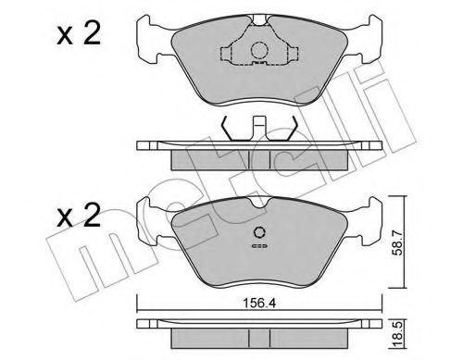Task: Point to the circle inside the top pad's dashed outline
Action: pos(259,53)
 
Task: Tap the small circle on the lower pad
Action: pos(259,234)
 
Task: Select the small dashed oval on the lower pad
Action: pos(259,248)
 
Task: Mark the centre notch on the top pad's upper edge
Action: pos(259,21)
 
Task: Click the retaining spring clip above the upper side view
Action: pos(259,129)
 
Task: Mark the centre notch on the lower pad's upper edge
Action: pos(259,202)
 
